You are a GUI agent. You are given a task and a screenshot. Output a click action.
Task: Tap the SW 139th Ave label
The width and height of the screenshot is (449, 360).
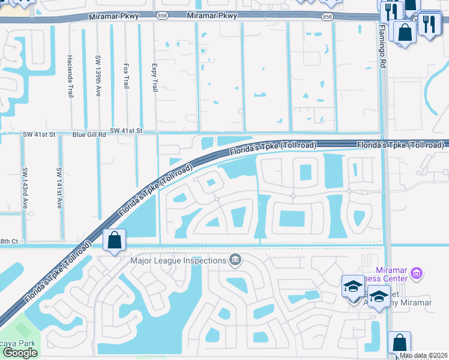click(98, 76)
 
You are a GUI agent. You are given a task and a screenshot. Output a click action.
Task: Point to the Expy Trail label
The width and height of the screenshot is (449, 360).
click(154, 78)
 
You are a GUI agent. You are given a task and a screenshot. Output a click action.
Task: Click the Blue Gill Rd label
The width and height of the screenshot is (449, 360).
click(89, 135)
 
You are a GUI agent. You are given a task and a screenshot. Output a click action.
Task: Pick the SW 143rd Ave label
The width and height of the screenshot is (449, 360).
click(24, 187)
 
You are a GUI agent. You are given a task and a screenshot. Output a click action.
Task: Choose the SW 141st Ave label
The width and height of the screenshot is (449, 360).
click(59, 187)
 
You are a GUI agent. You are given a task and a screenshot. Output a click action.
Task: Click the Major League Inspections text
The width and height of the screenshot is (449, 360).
click(179, 260)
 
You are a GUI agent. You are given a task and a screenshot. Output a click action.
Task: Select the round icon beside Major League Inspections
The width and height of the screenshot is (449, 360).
click(235, 260)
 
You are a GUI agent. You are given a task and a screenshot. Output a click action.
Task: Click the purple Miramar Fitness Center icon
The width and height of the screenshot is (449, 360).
click(417, 274)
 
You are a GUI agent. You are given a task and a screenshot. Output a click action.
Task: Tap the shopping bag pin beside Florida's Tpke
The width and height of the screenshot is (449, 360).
click(114, 241)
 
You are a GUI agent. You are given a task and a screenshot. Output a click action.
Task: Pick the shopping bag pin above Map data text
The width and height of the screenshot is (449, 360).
click(399, 343)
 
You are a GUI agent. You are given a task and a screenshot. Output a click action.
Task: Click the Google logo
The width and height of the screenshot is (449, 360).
click(19, 353)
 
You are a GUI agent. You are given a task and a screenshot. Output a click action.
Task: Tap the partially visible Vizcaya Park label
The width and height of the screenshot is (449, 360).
click(18, 344)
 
